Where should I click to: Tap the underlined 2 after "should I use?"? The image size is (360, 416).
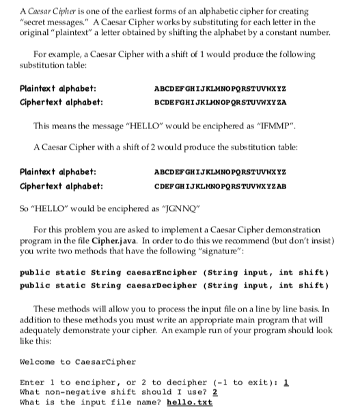coord(214,392)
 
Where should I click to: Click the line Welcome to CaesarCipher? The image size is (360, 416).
coord(70,362)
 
